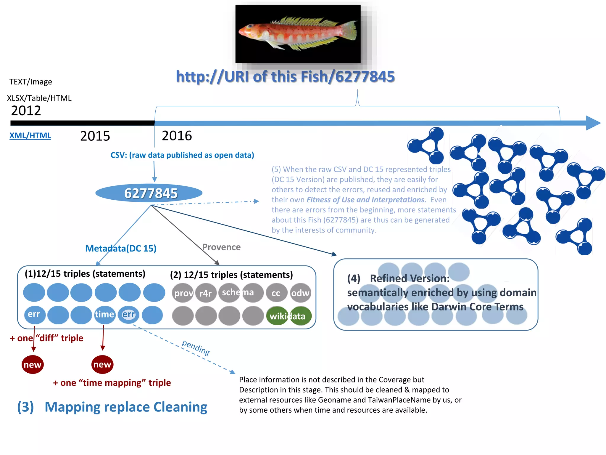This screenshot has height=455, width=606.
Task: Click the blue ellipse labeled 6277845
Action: [x=149, y=193]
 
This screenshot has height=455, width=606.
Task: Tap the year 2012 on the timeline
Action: [x=26, y=111]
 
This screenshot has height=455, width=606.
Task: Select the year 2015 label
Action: [x=95, y=136]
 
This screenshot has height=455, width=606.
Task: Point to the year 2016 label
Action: [x=177, y=136]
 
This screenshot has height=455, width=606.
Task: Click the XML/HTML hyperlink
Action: [x=30, y=136]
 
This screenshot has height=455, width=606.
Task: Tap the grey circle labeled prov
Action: [x=183, y=293]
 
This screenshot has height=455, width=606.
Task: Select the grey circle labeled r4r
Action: [x=206, y=293]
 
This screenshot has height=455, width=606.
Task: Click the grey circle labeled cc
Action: [x=276, y=293]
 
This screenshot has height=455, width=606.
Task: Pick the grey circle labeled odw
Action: [x=300, y=293]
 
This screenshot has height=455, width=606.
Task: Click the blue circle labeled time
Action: [x=104, y=314]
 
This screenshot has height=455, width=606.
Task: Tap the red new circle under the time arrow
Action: [x=102, y=364]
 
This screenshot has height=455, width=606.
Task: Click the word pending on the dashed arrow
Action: [x=196, y=347]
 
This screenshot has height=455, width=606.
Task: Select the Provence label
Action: [x=221, y=247]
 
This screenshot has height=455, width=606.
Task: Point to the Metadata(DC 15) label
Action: [x=121, y=248]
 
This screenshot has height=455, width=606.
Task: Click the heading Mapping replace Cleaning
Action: [x=126, y=407]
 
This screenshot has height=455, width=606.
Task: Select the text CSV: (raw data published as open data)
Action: [x=182, y=155]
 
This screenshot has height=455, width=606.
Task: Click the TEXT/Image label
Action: [x=31, y=82]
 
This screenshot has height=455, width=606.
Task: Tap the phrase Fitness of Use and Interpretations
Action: [x=365, y=200]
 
